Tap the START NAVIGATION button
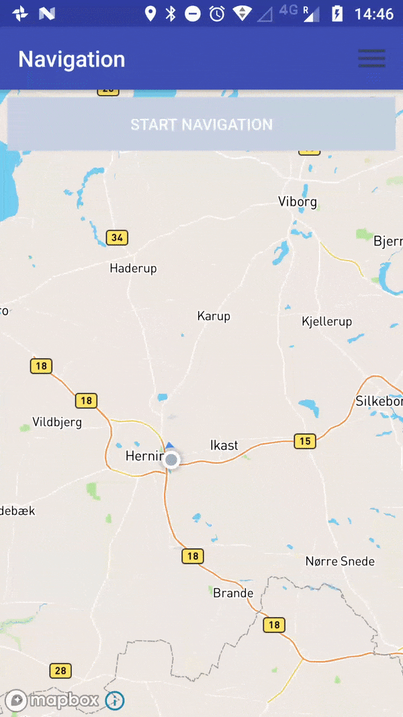(x=201, y=124)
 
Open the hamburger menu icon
(x=371, y=58)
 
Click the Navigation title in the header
(x=72, y=59)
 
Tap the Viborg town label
(x=298, y=202)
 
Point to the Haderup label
(x=133, y=268)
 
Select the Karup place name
(x=214, y=316)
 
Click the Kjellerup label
(x=327, y=321)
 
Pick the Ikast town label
(x=224, y=445)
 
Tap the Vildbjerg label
(x=57, y=422)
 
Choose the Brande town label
(x=233, y=593)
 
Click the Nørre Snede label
(x=340, y=561)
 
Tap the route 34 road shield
(x=117, y=237)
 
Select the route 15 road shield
(x=305, y=441)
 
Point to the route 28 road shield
(x=60, y=670)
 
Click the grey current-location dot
(x=171, y=460)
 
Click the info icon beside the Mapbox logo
(x=115, y=700)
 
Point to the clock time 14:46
(x=373, y=13)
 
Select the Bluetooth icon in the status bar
(x=171, y=13)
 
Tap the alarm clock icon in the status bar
(x=217, y=13)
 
